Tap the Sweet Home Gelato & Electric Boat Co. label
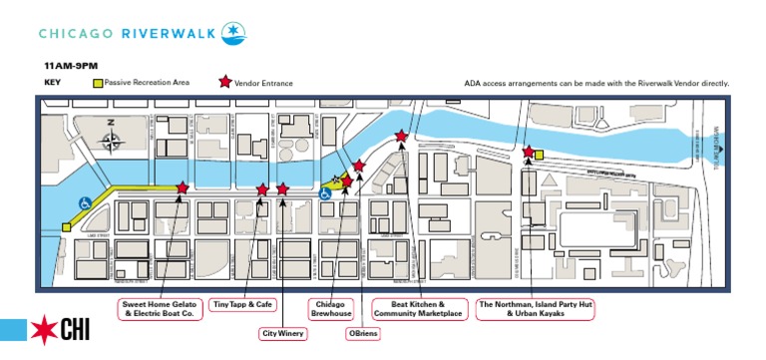(x=162, y=308)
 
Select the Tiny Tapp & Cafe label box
(x=243, y=303)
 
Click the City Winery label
(x=282, y=333)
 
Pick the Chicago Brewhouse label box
(x=330, y=308)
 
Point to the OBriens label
(x=362, y=333)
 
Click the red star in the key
(x=225, y=83)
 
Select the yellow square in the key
(x=98, y=83)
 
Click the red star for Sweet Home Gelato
(x=182, y=186)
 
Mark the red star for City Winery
(x=283, y=188)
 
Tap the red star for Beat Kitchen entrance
(x=401, y=136)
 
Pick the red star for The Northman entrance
(x=528, y=152)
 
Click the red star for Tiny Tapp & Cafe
(x=262, y=188)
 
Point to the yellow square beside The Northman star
(x=539, y=155)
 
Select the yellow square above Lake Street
(x=66, y=227)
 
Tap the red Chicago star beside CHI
(x=44, y=331)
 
